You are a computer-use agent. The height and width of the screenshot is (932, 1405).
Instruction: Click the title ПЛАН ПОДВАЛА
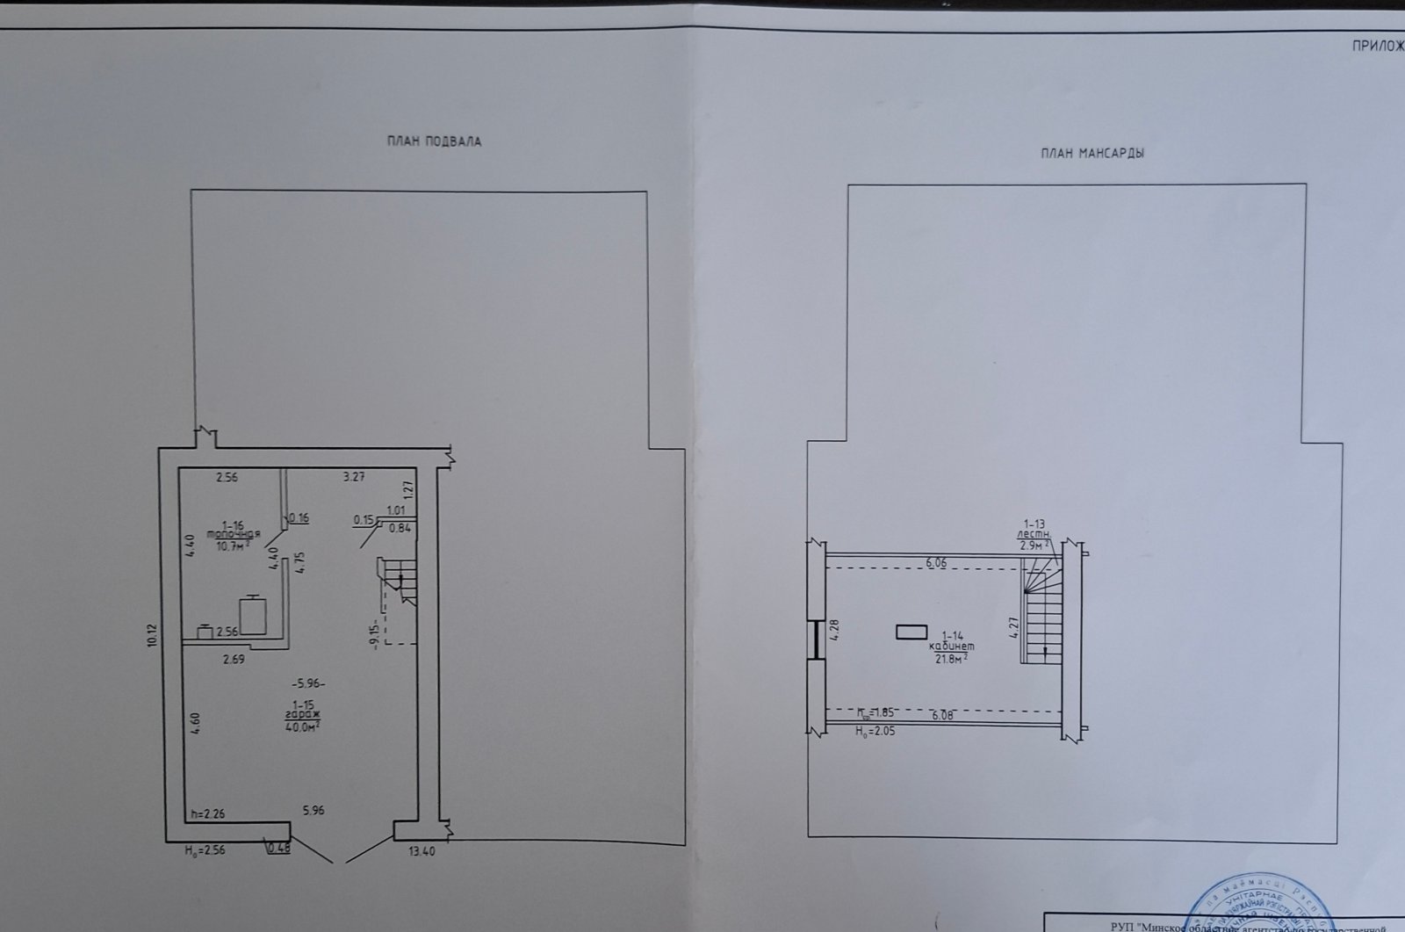point(434,141)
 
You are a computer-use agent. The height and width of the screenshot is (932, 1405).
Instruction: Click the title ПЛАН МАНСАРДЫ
point(1092,153)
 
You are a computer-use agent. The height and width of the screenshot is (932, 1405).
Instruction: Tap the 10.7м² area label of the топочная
point(233,545)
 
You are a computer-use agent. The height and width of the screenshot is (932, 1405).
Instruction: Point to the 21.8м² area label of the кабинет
point(953,656)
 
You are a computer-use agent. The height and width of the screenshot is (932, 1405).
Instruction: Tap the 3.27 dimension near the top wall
point(353,477)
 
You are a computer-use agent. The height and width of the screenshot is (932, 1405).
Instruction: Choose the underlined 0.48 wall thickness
point(278,848)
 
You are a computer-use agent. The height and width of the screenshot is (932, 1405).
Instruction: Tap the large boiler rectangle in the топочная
point(254,615)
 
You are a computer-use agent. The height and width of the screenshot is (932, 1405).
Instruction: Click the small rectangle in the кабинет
point(911,631)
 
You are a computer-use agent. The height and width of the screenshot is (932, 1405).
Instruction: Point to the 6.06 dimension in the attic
point(938,562)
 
